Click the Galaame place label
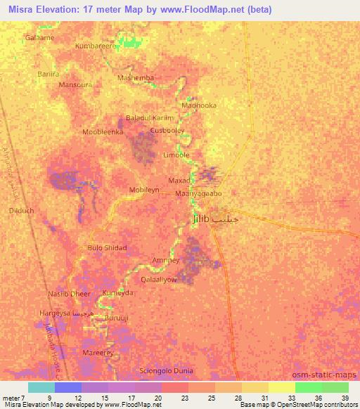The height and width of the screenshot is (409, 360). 39,37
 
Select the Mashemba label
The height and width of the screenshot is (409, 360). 136,78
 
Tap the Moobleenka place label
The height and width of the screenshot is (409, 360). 103,131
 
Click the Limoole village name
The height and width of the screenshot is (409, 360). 176,155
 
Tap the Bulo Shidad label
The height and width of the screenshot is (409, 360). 107,247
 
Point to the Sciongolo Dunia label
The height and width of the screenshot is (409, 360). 168,369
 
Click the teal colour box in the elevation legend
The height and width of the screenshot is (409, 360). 41,387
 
